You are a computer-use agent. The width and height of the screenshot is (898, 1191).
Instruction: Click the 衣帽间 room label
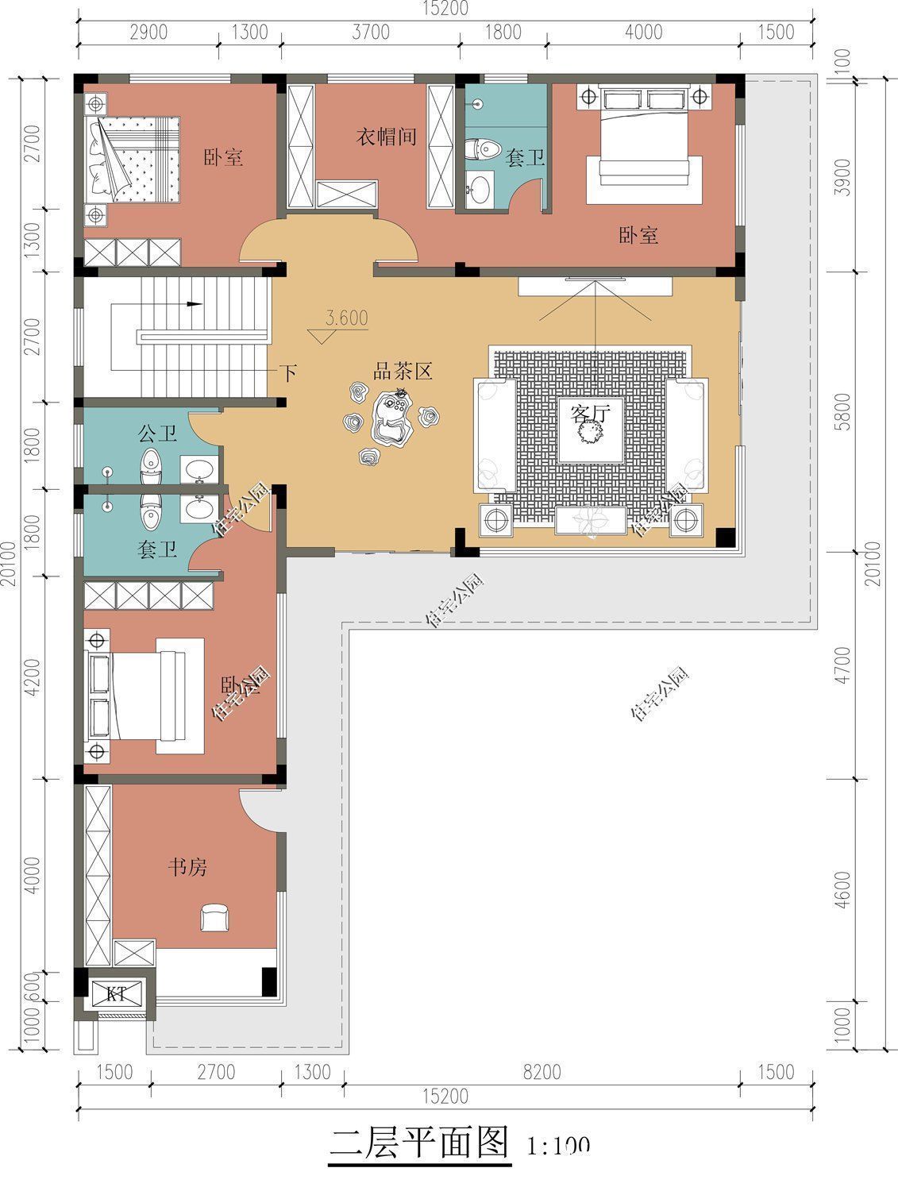coord(385,137)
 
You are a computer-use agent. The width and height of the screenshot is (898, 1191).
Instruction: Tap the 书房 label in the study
coord(187,866)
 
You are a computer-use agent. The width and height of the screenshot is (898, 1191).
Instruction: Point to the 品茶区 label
coord(403,371)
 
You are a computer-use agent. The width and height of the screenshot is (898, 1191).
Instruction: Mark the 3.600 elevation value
coord(347,318)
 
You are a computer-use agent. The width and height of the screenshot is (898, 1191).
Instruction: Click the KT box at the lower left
coord(117,993)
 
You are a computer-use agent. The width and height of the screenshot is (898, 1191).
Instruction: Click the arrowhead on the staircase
coord(194,303)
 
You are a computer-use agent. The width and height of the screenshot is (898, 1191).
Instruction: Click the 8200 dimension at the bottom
coord(541,1073)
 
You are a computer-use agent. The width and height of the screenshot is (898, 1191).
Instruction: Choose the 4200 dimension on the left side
coord(32,676)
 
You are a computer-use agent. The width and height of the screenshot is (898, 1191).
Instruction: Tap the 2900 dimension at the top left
coord(148,32)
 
